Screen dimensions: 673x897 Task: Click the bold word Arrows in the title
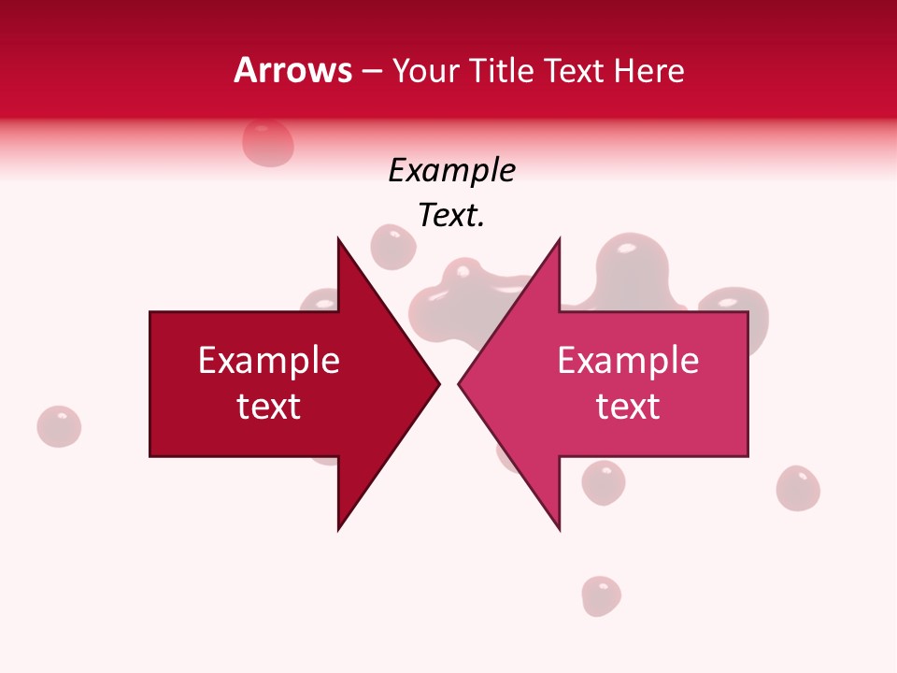292,70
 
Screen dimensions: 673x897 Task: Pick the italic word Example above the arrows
451,171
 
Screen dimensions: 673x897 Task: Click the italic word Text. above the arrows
451,216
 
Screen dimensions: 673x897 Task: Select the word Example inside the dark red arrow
269,361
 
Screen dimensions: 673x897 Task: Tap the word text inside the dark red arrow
269,407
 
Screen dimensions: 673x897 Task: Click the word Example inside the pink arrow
628,361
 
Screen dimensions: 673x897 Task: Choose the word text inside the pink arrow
628,407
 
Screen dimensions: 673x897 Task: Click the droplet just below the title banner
268,143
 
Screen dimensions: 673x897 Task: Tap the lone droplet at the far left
59,426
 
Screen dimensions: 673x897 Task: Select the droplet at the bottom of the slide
601,595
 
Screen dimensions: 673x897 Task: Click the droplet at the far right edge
798,488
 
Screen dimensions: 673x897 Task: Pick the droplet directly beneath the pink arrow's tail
603,482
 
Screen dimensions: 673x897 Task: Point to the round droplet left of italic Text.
393,247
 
